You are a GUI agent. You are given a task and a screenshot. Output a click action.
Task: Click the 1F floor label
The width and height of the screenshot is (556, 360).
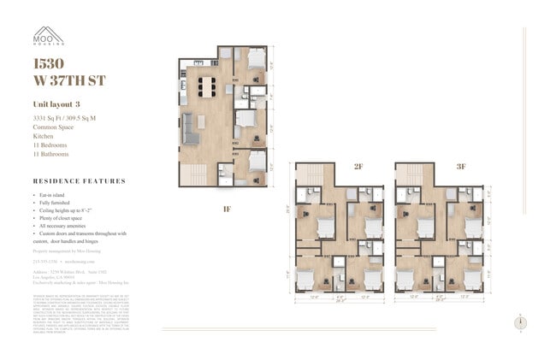227,208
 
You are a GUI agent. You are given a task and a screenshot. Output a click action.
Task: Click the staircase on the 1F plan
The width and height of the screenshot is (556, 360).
193,174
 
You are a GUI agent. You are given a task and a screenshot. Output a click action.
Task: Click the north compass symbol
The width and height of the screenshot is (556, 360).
521,322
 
